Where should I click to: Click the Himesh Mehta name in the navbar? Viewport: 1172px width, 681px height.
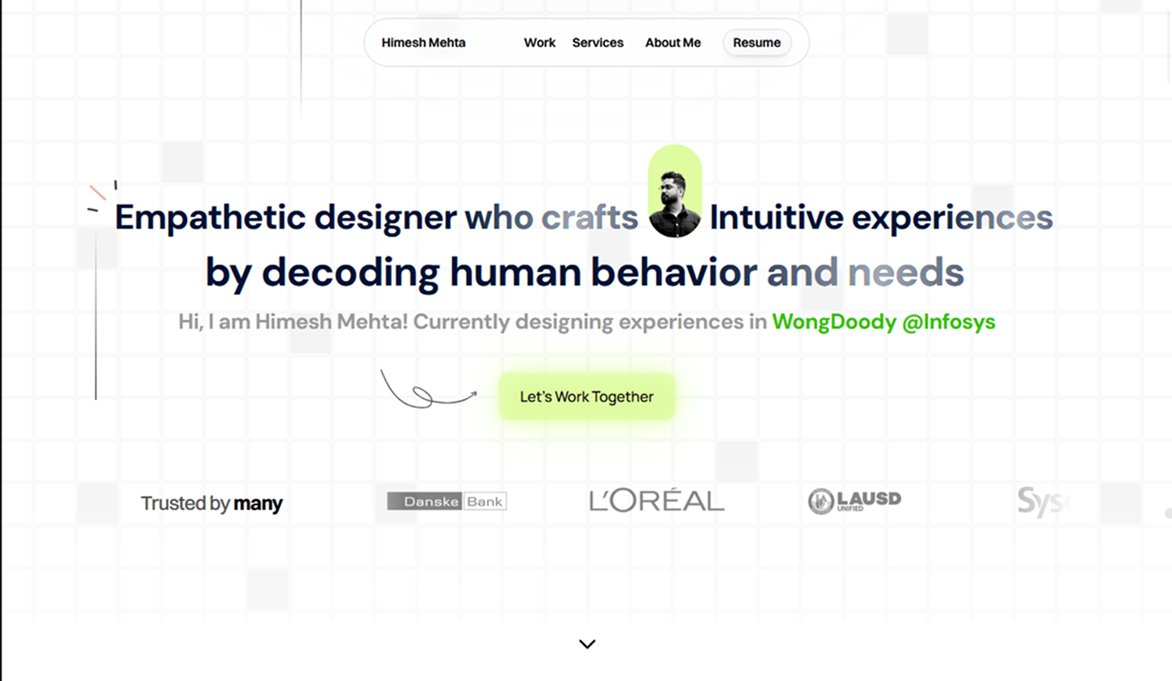coord(423,42)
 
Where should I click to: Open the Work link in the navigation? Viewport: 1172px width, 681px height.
coord(540,42)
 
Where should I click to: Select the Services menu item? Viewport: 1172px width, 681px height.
coord(598,42)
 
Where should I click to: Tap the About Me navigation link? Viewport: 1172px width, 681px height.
coord(672,42)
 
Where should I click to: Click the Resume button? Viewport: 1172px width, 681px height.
coord(757,42)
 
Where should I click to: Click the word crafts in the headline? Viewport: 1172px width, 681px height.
coord(590,218)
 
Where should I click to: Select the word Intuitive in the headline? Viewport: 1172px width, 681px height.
coord(776,218)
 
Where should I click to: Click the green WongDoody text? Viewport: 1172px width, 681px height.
coord(834,322)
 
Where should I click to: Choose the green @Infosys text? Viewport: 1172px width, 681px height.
coord(948,322)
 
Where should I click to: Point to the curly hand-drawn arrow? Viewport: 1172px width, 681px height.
coord(427,391)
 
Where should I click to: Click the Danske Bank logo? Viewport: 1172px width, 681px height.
coord(446,501)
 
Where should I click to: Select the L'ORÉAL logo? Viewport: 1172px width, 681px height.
coord(656,501)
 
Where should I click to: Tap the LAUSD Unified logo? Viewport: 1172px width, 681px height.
coord(854,501)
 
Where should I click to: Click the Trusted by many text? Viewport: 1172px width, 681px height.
coord(212,504)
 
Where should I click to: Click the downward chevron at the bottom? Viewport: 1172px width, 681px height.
coord(587,644)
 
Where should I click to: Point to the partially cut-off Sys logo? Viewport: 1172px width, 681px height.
coord(1042,502)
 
